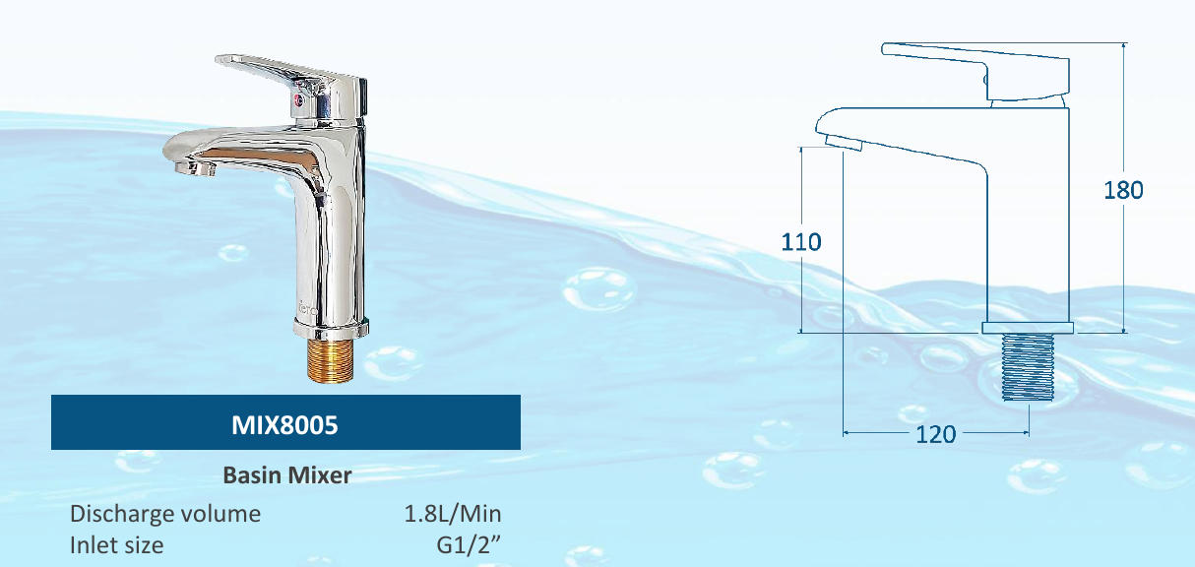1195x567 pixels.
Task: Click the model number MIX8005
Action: point(284,424)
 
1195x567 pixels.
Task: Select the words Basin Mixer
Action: point(286,475)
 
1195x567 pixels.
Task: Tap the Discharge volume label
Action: point(165,514)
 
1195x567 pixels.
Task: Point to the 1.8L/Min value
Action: point(453,514)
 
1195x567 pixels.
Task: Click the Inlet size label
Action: point(116,544)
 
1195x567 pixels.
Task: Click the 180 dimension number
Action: point(1122,190)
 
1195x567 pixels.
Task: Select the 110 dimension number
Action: point(801,241)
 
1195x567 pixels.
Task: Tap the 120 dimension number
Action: point(935,433)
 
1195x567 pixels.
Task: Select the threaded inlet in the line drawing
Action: point(1029,367)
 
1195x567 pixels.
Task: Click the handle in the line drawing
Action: point(975,64)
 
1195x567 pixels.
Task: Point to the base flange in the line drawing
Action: point(1028,327)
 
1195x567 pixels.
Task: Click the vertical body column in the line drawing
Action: point(1028,226)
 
